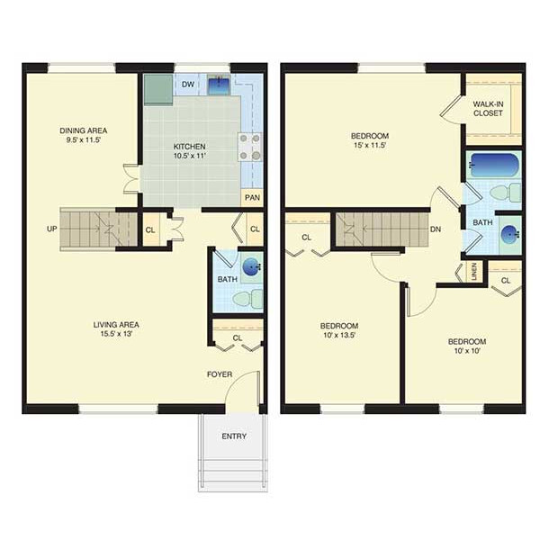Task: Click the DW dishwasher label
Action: click(188, 85)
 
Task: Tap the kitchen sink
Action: click(219, 85)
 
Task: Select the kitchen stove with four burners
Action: click(249, 147)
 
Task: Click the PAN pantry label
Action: click(252, 198)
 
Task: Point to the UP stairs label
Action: click(51, 229)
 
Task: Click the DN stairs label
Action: click(436, 229)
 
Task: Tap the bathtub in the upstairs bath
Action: click(493, 166)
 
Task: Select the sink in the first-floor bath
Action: click(252, 266)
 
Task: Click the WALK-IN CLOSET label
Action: click(488, 109)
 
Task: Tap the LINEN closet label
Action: click(474, 272)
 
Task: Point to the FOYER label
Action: click(220, 374)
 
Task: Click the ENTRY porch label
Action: click(234, 436)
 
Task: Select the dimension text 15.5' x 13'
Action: click(116, 334)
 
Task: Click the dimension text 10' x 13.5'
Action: click(339, 335)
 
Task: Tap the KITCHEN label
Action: click(189, 147)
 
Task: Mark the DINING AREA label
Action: click(84, 130)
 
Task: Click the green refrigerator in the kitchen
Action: click(158, 89)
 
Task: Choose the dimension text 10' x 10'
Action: click(467, 351)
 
